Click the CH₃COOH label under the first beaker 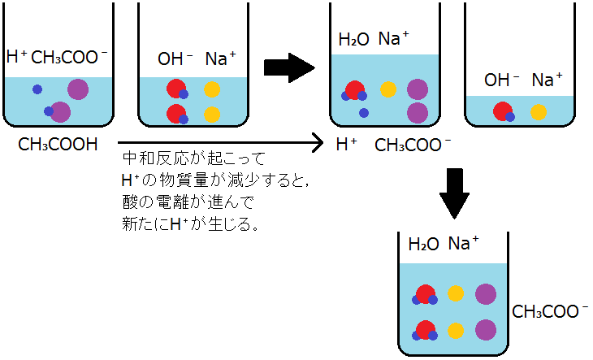57,146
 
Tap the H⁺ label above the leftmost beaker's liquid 16,57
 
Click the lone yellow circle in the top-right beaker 538,112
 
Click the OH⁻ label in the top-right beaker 501,80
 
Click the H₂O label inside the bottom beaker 422,244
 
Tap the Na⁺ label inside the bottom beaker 464,244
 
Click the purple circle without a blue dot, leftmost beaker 78,89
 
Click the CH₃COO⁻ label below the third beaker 413,146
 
